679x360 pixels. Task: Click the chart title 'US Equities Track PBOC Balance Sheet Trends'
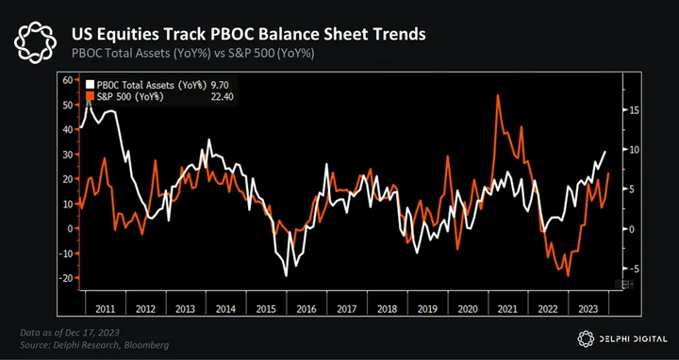tap(249, 35)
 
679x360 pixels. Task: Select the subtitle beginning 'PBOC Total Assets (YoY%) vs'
tap(192, 55)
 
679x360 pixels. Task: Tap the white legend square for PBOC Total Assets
tap(91, 85)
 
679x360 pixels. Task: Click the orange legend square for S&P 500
tap(91, 96)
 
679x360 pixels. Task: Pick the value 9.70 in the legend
tap(220, 85)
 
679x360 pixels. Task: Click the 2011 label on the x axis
tap(106, 309)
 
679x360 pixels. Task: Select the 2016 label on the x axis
tap(306, 309)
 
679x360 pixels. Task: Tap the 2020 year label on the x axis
tap(467, 309)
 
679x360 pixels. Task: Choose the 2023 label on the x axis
tap(588, 309)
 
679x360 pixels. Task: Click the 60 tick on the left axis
tap(69, 80)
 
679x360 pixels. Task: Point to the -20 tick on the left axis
tap(67, 278)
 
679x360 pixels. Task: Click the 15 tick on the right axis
tap(633, 110)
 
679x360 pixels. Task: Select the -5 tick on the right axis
tap(634, 269)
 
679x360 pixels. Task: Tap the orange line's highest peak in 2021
tap(498, 95)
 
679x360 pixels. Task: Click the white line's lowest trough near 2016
tap(287, 275)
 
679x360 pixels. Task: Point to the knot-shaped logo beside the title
tap(35, 43)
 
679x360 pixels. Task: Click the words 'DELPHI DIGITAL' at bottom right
tap(631, 339)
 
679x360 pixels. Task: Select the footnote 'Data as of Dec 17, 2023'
tap(70, 333)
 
